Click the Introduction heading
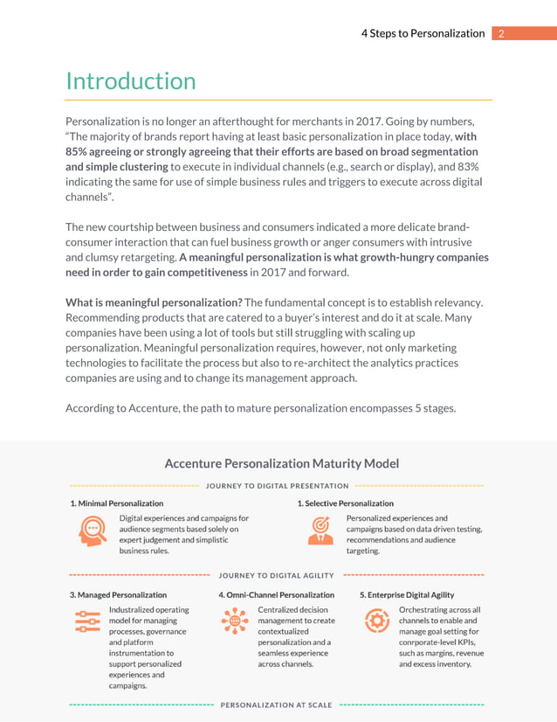pyautogui.click(x=131, y=81)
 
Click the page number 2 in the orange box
pyautogui.click(x=500, y=33)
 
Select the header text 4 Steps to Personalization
pyautogui.click(x=423, y=33)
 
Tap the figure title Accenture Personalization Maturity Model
pyautogui.click(x=282, y=463)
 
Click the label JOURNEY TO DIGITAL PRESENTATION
pyautogui.click(x=277, y=486)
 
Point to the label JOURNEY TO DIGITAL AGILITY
pyautogui.click(x=277, y=575)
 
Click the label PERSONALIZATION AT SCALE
pyautogui.click(x=277, y=705)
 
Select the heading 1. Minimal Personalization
pyautogui.click(x=117, y=503)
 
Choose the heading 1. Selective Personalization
pyautogui.click(x=345, y=503)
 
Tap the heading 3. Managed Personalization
pyautogui.click(x=118, y=594)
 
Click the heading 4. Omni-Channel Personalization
pyautogui.click(x=277, y=594)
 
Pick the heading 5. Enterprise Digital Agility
pyautogui.click(x=407, y=594)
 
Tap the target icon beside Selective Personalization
pyautogui.click(x=320, y=531)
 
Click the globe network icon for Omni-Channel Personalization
pyautogui.click(x=235, y=621)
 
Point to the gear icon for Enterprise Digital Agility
pyautogui.click(x=376, y=621)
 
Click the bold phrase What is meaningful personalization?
pyautogui.click(x=155, y=302)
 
